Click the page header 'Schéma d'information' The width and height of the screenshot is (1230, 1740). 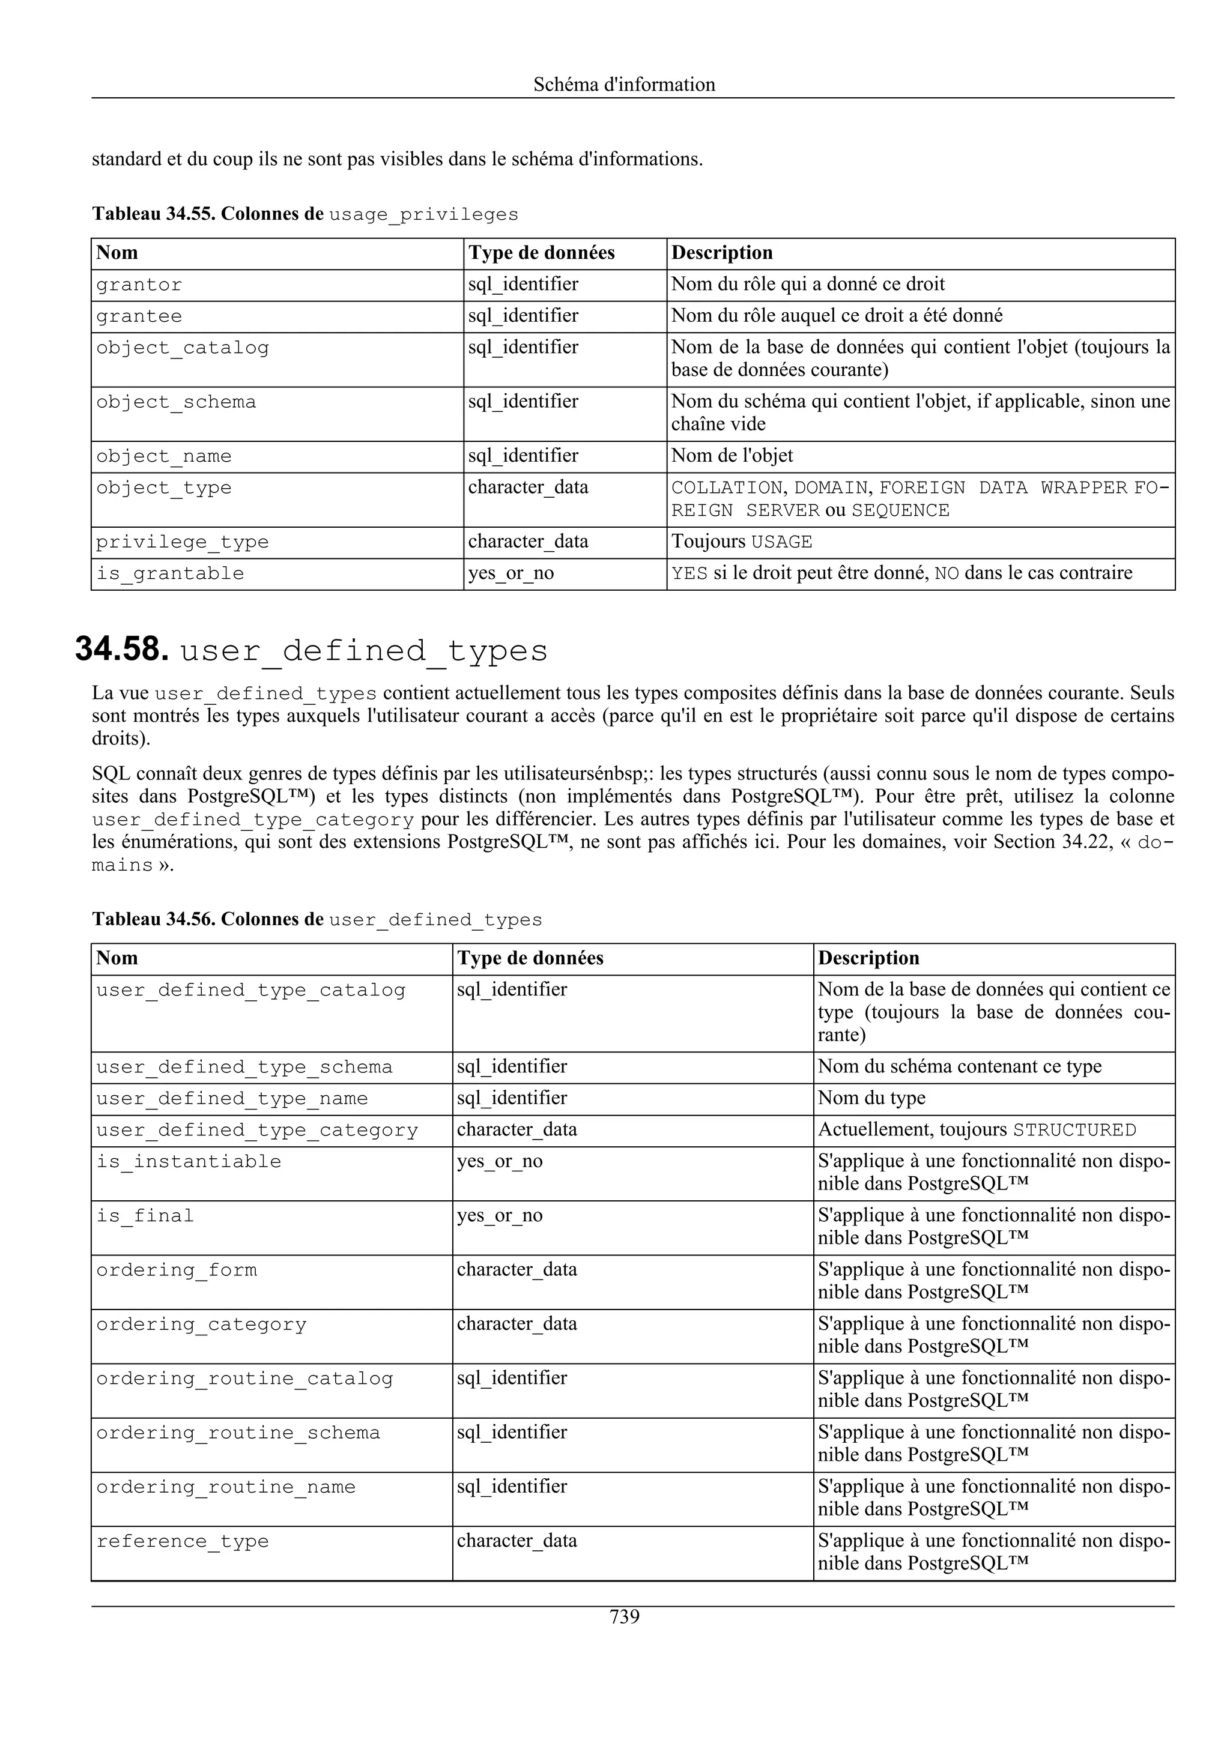tap(624, 84)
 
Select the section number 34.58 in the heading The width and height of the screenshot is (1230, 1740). tap(121, 650)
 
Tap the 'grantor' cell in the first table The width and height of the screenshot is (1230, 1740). tap(139, 285)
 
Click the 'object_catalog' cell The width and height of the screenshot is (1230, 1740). tap(182, 348)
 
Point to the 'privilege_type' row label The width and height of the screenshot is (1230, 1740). tap(182, 543)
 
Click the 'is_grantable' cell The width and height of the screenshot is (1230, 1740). tap(170, 573)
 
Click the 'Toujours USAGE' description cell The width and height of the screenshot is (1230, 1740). tap(741, 543)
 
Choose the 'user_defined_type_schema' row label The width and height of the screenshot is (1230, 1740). tap(244, 1067)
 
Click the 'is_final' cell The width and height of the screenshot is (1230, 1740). tap(145, 1216)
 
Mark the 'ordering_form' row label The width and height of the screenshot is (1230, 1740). tap(177, 1270)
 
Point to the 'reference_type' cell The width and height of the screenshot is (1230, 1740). tap(182, 1541)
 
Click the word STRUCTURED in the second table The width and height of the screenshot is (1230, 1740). tap(1074, 1130)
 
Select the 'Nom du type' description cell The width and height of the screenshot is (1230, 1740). tap(871, 1098)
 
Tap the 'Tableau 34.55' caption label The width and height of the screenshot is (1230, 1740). tap(154, 214)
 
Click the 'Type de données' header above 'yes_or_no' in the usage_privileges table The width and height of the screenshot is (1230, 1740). tap(541, 253)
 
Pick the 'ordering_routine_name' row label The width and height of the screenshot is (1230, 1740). tap(226, 1487)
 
